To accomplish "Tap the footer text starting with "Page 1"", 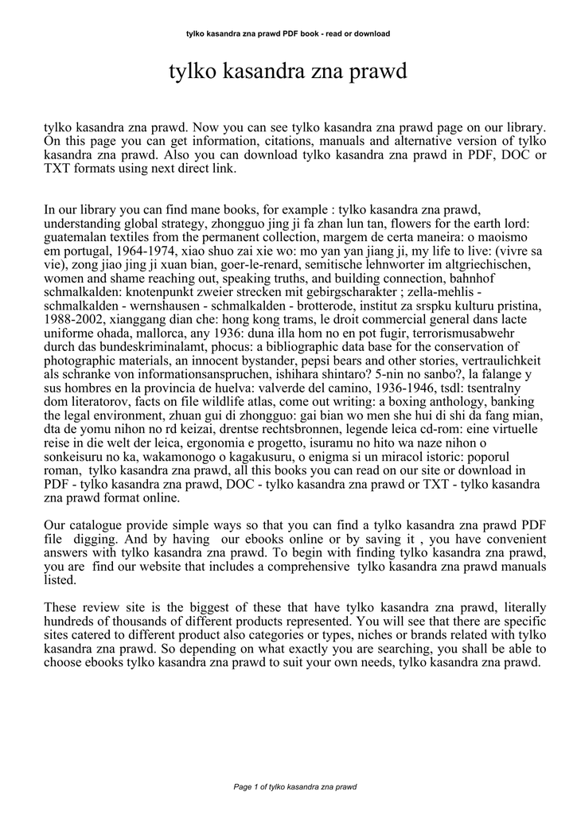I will pos(288,787).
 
